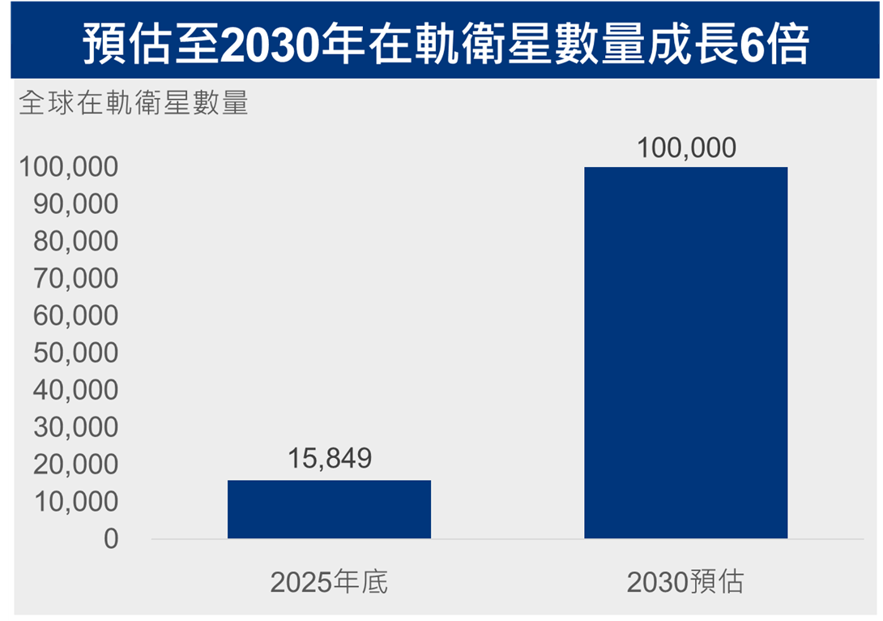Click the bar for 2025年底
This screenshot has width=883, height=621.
[x=330, y=509]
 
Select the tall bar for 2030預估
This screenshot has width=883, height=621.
[x=686, y=353]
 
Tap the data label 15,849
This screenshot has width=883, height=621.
[x=330, y=458]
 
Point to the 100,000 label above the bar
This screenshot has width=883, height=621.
[x=686, y=148]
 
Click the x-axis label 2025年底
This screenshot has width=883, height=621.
[x=329, y=582]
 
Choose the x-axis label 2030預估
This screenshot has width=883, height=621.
[x=685, y=582]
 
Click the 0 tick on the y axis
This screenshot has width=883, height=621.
[x=111, y=539]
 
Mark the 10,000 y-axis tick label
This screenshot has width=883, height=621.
[x=76, y=502]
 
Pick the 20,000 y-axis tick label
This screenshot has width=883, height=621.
[x=76, y=465]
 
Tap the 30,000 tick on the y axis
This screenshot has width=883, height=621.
[x=76, y=428]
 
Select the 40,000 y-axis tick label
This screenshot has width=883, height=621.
[x=76, y=391]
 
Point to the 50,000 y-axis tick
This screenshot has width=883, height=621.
[x=76, y=353]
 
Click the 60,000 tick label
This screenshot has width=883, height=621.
[x=76, y=316]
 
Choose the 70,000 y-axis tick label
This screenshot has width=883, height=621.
[x=76, y=279]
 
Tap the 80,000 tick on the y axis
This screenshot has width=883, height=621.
[x=76, y=242]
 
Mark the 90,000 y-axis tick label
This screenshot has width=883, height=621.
[x=76, y=204]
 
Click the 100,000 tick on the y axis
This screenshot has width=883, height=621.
[x=69, y=167]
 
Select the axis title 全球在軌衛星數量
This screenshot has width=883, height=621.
[x=134, y=103]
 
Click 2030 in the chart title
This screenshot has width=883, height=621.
[x=271, y=45]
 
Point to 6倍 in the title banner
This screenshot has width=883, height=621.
[x=774, y=45]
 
